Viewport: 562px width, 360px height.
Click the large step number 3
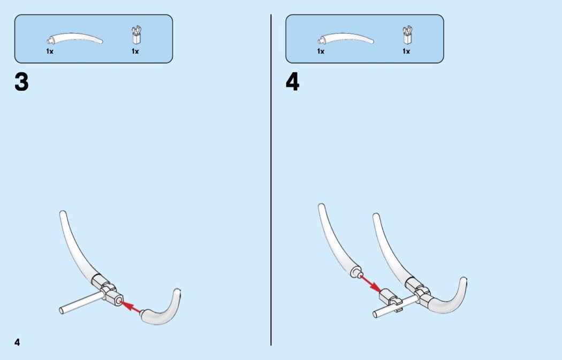21,82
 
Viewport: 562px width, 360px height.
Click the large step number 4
292,82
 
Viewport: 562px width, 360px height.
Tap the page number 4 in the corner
17,342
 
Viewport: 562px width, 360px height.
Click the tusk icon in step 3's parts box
75,39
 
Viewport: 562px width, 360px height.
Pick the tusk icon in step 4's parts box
346,39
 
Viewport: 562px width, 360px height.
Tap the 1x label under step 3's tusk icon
50,51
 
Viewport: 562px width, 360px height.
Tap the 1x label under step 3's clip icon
135,51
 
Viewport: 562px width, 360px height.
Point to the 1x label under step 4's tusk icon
321,51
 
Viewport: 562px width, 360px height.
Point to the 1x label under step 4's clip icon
406,51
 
